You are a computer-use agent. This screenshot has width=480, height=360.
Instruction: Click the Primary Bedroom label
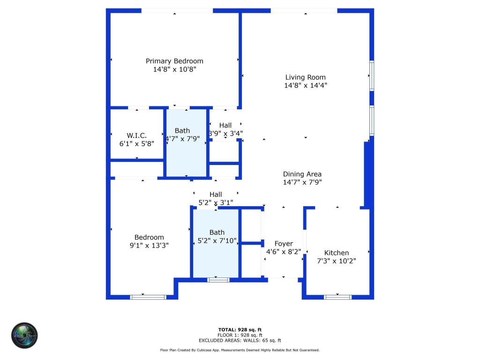pyautogui.click(x=174, y=61)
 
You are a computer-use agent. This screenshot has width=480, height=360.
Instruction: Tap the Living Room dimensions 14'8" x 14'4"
pyautogui.click(x=305, y=85)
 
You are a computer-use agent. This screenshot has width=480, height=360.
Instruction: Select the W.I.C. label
pyautogui.click(x=136, y=136)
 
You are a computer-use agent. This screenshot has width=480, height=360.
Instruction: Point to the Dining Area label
pyautogui.click(x=302, y=174)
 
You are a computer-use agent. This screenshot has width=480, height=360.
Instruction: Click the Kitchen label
pyautogui.click(x=337, y=253)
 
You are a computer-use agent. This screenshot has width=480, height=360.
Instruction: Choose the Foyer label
pyautogui.click(x=284, y=244)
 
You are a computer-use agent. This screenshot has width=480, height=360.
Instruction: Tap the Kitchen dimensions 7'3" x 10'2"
pyautogui.click(x=337, y=261)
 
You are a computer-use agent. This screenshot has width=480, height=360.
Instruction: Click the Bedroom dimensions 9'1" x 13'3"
pyautogui.click(x=149, y=245)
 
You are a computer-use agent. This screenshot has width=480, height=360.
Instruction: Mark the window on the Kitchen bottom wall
pyautogui.click(x=337, y=297)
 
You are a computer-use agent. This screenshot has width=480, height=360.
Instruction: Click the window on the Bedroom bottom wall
pyautogui.click(x=148, y=297)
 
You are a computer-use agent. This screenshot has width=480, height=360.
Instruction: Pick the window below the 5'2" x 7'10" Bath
pyautogui.click(x=218, y=280)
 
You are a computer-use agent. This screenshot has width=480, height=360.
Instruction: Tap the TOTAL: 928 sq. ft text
pyautogui.click(x=240, y=330)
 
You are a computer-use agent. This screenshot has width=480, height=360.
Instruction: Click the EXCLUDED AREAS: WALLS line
pyautogui.click(x=240, y=340)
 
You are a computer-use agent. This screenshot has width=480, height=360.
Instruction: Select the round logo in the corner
pyautogui.click(x=24, y=335)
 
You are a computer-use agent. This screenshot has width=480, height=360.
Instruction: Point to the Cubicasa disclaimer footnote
pyautogui.click(x=240, y=350)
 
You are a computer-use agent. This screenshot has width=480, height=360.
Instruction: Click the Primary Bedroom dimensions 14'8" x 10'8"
pyautogui.click(x=174, y=69)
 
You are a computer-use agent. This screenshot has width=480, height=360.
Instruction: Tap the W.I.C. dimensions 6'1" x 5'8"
pyautogui.click(x=136, y=144)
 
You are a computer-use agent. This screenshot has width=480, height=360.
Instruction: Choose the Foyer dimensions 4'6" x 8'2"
pyautogui.click(x=284, y=252)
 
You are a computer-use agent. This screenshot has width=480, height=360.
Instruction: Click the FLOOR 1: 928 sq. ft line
pyautogui.click(x=240, y=335)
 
